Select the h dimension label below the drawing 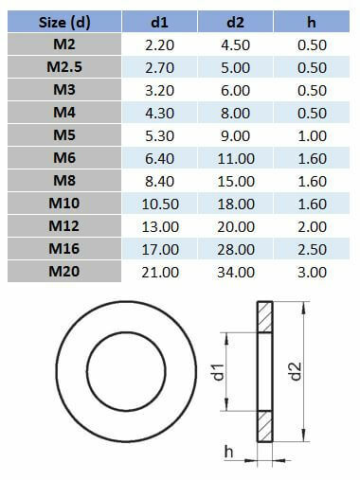tap(228, 453)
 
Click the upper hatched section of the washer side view tap(263, 318)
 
